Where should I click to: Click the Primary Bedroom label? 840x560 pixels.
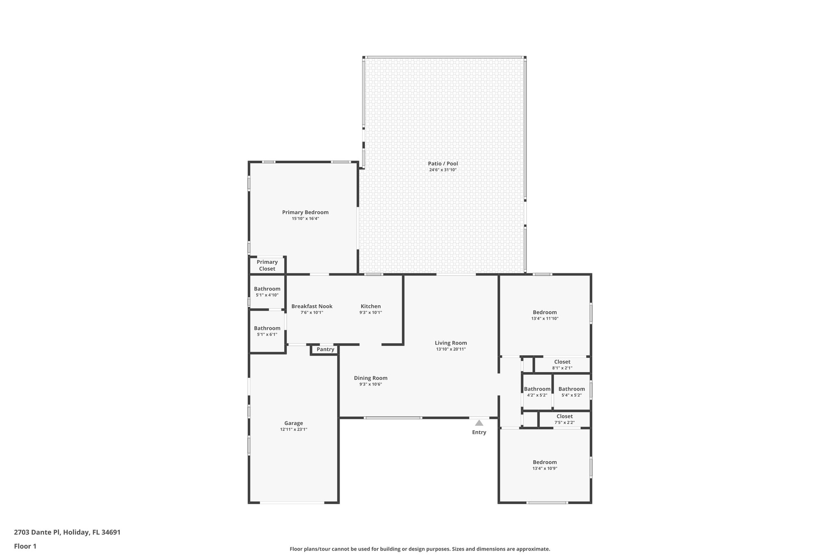pyautogui.click(x=305, y=212)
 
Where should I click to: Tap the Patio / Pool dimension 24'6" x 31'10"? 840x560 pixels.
pyautogui.click(x=443, y=170)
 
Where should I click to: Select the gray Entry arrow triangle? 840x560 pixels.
pyautogui.click(x=479, y=423)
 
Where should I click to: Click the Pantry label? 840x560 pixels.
pyautogui.click(x=325, y=350)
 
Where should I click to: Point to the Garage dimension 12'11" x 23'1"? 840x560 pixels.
pyautogui.click(x=294, y=430)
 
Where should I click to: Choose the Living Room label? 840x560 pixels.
pyautogui.click(x=451, y=343)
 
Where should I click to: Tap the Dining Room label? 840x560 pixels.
pyautogui.click(x=370, y=378)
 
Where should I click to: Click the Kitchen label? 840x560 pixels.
pyautogui.click(x=370, y=306)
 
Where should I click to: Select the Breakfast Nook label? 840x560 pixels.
pyautogui.click(x=312, y=306)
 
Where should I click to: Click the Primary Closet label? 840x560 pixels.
pyautogui.click(x=267, y=265)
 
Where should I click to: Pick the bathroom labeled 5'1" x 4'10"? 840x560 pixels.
pyautogui.click(x=267, y=292)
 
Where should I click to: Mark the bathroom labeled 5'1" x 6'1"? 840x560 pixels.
pyautogui.click(x=267, y=331)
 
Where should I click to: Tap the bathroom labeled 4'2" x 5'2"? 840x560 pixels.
pyautogui.click(x=537, y=392)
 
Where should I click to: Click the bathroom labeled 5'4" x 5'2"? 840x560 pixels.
pyautogui.click(x=571, y=392)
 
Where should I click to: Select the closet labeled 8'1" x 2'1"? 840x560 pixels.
pyautogui.click(x=562, y=365)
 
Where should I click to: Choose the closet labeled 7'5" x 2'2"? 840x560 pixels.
pyautogui.click(x=564, y=419)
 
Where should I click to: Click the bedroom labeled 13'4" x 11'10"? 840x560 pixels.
pyautogui.click(x=545, y=315)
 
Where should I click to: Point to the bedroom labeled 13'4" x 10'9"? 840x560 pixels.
pyautogui.click(x=545, y=465)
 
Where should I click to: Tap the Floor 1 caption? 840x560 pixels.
pyautogui.click(x=25, y=546)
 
